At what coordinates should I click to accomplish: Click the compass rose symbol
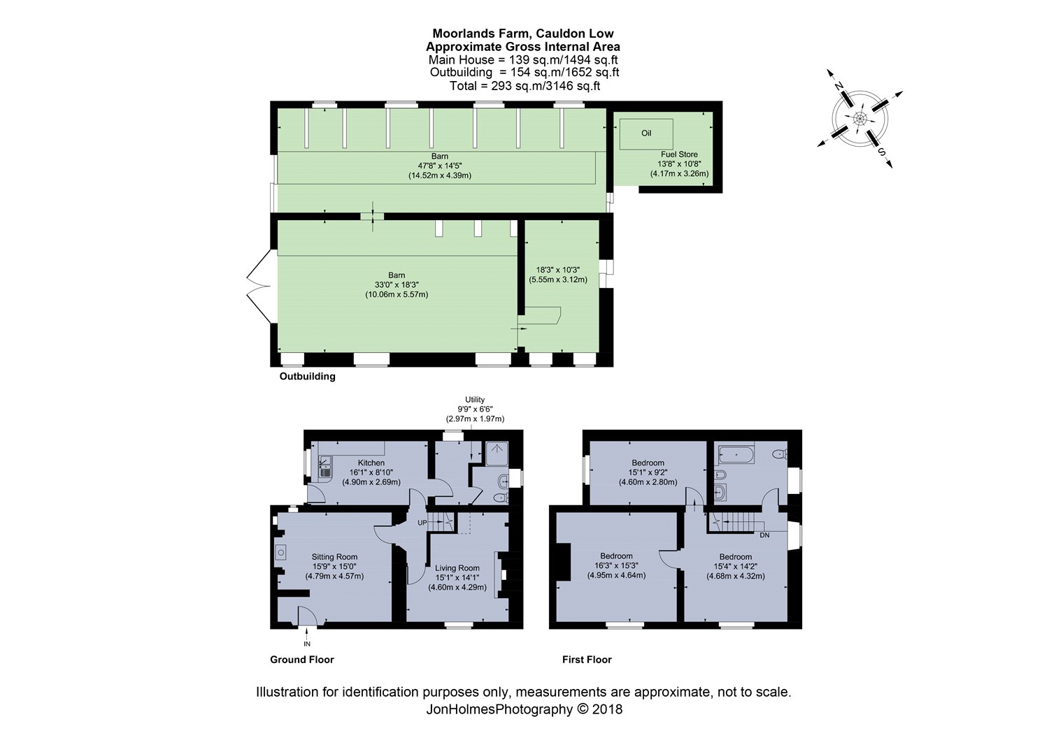pos(859,118)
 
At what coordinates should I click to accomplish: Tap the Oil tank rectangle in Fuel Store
pos(646,133)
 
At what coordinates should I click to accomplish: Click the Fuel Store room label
pos(679,154)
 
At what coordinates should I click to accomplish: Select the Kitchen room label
pos(371,463)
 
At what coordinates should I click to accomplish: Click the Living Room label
pos(457,568)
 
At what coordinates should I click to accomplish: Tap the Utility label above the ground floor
pos(475,400)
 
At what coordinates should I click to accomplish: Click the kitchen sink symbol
pos(324,465)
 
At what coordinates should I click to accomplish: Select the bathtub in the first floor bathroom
pos(732,456)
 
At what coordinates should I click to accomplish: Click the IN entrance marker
pos(306,644)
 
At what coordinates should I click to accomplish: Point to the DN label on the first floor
pos(765,535)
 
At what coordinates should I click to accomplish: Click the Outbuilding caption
pos(308,377)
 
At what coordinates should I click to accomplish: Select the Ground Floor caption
pos(302,660)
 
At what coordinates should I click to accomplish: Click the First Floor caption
pos(587,660)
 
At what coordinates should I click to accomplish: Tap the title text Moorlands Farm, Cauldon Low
pos(522,34)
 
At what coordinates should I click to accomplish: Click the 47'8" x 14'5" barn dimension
pos(439,166)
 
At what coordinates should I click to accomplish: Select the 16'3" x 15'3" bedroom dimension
pos(616,566)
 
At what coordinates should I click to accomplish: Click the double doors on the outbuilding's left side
pos(259,287)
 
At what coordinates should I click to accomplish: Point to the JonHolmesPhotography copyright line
pos(524,709)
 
